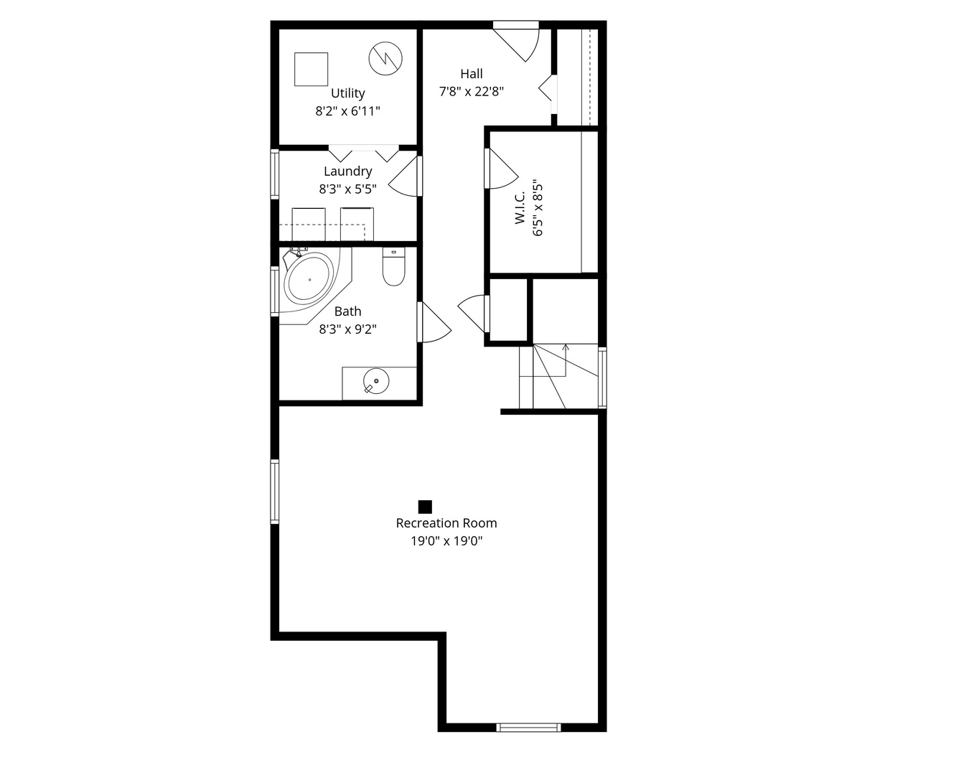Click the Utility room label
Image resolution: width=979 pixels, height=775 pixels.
click(347, 94)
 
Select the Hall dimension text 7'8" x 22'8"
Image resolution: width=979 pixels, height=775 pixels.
click(472, 92)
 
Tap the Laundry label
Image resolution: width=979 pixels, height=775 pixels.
click(348, 172)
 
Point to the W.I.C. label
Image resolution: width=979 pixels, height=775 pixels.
click(520, 207)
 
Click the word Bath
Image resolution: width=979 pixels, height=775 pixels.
click(348, 311)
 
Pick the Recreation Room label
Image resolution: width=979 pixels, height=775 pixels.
click(446, 524)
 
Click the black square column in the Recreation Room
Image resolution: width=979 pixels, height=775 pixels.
click(425, 507)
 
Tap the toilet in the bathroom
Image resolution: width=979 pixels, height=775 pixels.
click(393, 266)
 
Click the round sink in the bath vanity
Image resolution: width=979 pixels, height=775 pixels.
click(376, 381)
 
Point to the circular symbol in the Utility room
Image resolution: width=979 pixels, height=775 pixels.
click(385, 59)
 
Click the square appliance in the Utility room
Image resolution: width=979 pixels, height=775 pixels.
click(311, 69)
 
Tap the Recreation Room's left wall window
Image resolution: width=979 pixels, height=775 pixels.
click(275, 492)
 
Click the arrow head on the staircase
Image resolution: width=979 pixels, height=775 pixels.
click(566, 347)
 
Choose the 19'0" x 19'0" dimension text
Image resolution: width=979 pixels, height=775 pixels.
click(446, 541)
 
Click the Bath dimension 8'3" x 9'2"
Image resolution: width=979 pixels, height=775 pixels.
click(348, 329)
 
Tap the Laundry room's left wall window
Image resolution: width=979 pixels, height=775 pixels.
click(275, 174)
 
